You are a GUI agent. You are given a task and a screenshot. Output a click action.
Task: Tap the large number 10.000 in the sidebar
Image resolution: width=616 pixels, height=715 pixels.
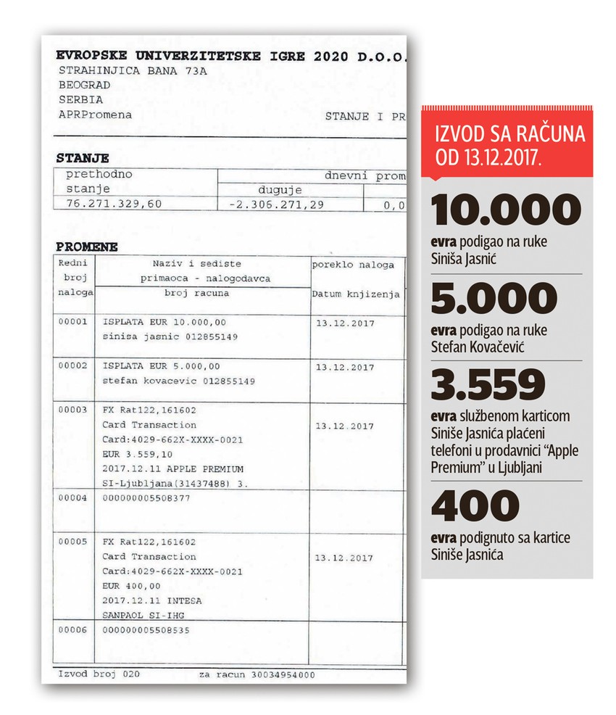pos(506,210)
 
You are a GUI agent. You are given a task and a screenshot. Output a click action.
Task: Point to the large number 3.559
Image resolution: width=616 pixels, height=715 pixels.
pos(487,385)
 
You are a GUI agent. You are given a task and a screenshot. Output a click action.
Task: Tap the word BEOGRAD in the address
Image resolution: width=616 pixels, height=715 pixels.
pos(81,85)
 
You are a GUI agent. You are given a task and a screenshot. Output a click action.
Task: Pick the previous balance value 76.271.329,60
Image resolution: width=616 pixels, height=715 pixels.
pos(115,204)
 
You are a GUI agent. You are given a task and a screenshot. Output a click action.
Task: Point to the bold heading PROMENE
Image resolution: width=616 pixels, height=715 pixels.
pos(87,247)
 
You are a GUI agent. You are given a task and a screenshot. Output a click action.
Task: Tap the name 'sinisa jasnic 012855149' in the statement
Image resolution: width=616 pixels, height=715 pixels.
pos(170,337)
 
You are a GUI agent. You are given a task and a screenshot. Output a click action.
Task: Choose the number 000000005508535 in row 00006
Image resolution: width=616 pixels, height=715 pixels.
pos(147,630)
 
